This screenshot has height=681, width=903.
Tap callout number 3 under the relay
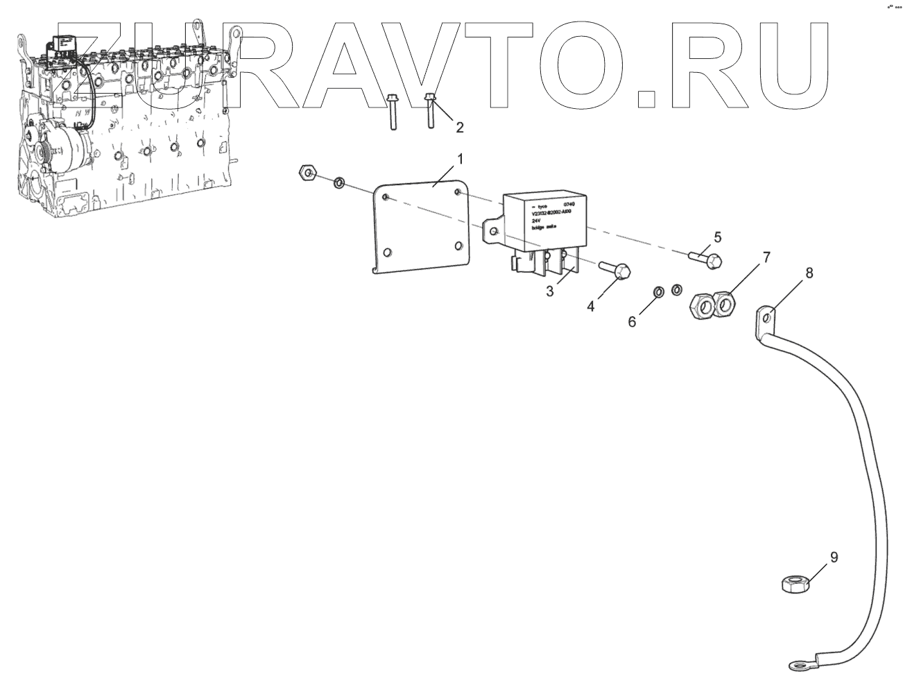(550, 291)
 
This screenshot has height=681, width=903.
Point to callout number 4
(591, 306)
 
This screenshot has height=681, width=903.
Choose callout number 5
(717, 237)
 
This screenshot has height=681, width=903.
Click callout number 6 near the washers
(633, 322)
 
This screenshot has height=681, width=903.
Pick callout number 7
(766, 258)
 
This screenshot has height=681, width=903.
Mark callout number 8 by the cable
(809, 273)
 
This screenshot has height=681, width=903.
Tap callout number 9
(834, 557)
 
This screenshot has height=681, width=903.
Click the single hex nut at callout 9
(791, 583)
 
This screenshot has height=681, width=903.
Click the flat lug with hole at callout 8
(766, 318)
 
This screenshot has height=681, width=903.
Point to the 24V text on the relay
(536, 221)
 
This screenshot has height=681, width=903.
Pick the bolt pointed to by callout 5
(706, 259)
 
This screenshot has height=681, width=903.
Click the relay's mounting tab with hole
(494, 230)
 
